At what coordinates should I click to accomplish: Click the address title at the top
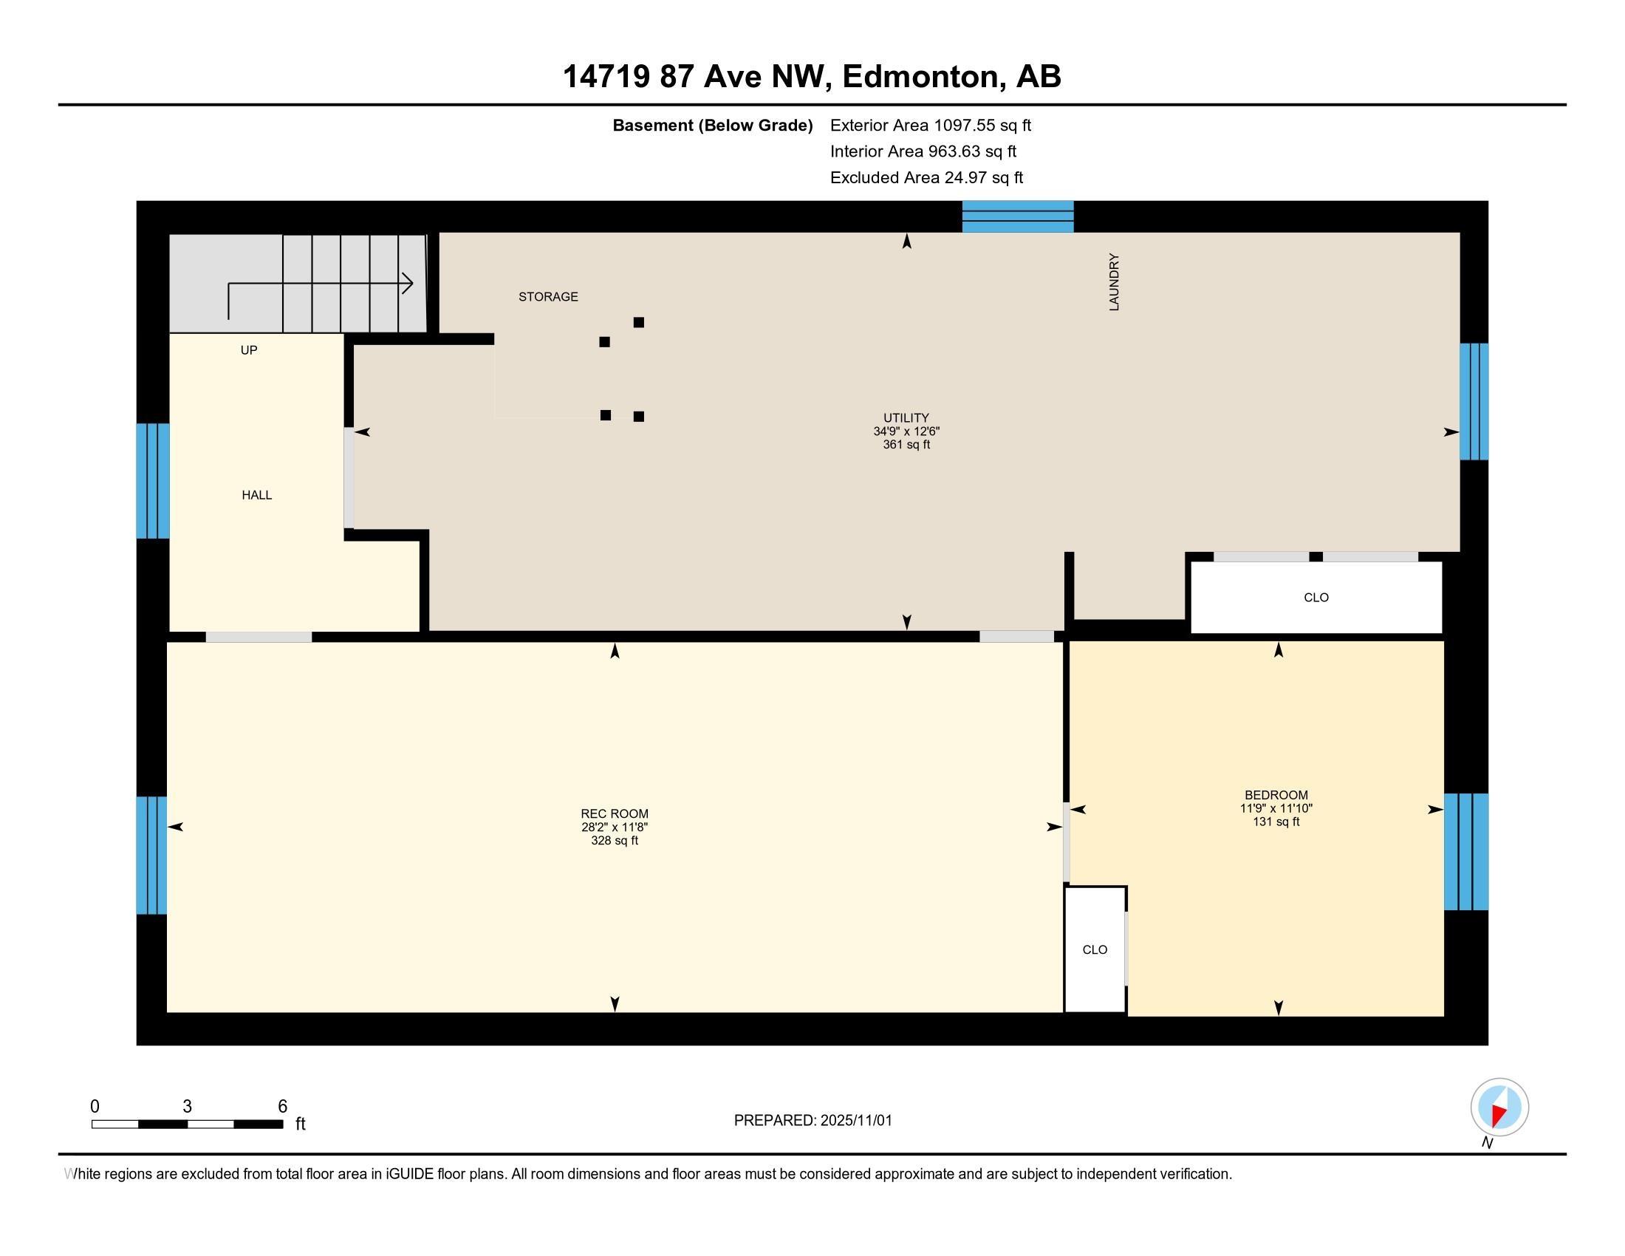click(x=812, y=77)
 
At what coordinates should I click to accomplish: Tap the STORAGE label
click(x=548, y=297)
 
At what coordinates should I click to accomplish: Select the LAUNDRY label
click(x=1114, y=282)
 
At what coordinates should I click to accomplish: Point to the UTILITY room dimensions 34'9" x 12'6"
click(x=906, y=431)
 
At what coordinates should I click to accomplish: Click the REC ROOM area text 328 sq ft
click(x=615, y=841)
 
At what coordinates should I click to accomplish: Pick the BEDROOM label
click(x=1276, y=795)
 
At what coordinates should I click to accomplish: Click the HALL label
click(x=257, y=496)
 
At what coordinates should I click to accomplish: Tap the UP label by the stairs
click(x=248, y=350)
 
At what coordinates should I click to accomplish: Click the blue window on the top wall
click(x=1018, y=216)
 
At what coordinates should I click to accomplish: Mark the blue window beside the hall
click(x=153, y=481)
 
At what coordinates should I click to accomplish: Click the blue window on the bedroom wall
click(x=1465, y=852)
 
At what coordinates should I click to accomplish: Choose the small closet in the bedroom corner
click(x=1095, y=949)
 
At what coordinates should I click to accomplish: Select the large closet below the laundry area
click(x=1316, y=598)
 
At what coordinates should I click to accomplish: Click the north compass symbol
click(x=1499, y=1107)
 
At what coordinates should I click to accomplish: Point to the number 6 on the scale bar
click(x=283, y=1107)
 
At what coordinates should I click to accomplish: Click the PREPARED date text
click(x=812, y=1121)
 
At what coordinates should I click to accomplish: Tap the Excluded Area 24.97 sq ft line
click(x=926, y=178)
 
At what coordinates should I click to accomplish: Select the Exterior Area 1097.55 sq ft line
click(x=931, y=126)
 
